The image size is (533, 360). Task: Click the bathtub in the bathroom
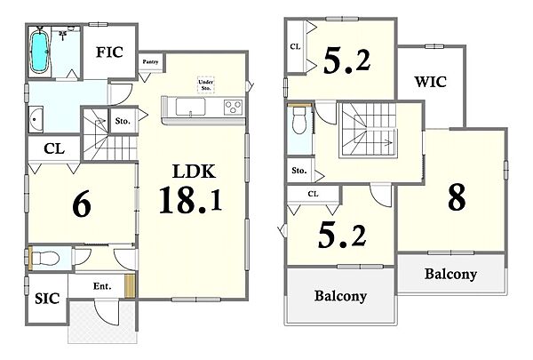[x=39, y=52]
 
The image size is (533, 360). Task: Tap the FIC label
[x=109, y=52]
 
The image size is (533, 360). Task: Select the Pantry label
[x=151, y=61]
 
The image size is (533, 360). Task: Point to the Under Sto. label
[x=206, y=84]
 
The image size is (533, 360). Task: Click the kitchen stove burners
[x=233, y=108]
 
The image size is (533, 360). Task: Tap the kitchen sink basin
[x=191, y=107]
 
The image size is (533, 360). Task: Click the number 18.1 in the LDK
[x=190, y=200]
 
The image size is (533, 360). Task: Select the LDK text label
[x=194, y=172]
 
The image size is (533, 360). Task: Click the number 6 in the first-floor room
[x=82, y=204]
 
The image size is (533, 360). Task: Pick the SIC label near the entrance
[x=47, y=299]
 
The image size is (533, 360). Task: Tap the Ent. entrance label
[x=102, y=286]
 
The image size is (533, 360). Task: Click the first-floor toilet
[x=44, y=259]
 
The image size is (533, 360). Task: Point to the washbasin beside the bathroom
[x=36, y=119]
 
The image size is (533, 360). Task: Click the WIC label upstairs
[x=430, y=82]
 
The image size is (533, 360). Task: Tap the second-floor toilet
[x=299, y=120]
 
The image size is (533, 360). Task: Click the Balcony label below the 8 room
[x=450, y=274]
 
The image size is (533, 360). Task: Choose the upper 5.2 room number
[x=346, y=60]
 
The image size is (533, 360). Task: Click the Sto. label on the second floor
[x=299, y=171]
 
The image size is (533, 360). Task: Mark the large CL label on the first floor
[x=54, y=148]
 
